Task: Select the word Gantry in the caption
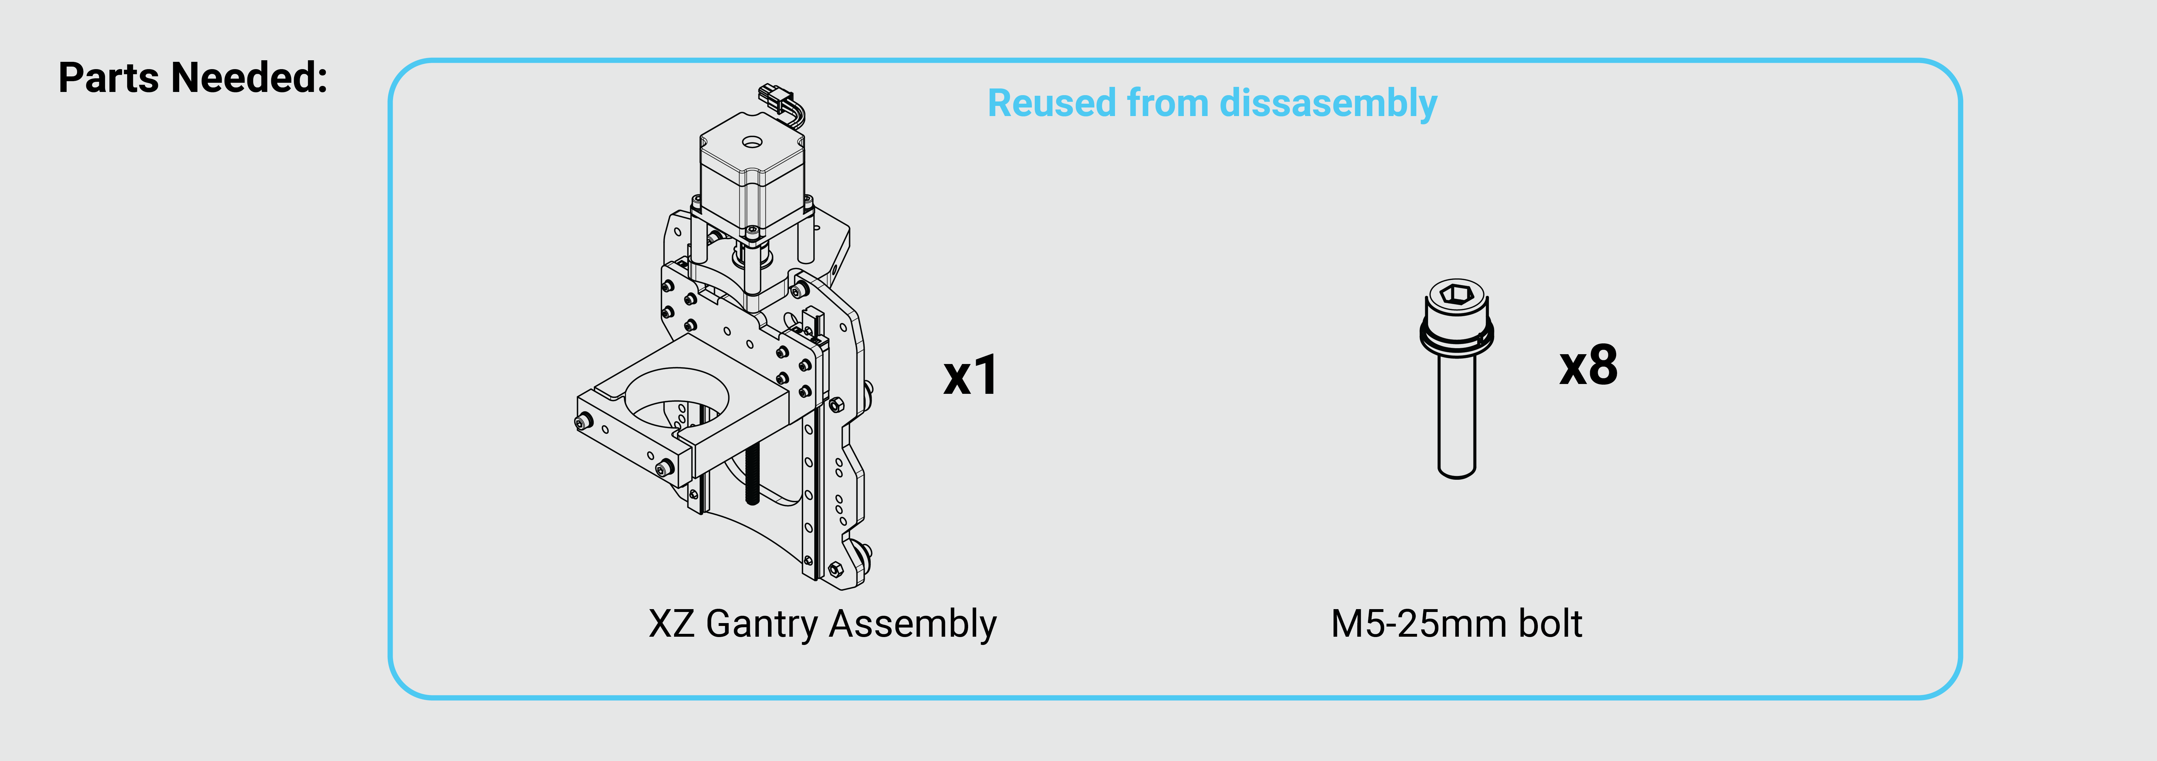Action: pyautogui.click(x=762, y=624)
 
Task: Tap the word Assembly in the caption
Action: pyautogui.click(x=913, y=624)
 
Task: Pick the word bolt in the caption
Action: pyautogui.click(x=1551, y=624)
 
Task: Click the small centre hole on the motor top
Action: pyautogui.click(x=751, y=142)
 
